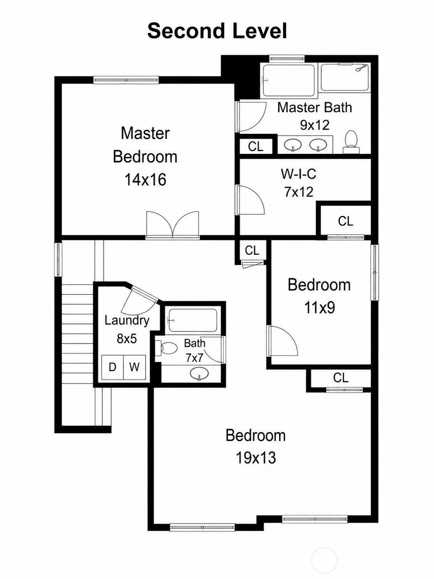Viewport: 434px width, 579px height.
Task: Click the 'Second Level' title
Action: click(x=217, y=31)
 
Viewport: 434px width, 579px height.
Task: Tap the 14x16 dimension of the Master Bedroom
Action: click(x=145, y=180)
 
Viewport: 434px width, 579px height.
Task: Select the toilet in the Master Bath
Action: click(x=351, y=142)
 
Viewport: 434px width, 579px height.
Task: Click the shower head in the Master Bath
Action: click(x=361, y=68)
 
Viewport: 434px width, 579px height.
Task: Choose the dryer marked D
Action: click(x=113, y=367)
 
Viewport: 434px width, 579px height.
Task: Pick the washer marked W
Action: click(x=134, y=367)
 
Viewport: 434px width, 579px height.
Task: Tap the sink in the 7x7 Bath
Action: click(x=199, y=373)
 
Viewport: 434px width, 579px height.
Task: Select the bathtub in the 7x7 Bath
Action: click(x=193, y=320)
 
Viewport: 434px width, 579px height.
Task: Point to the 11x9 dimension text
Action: click(x=319, y=308)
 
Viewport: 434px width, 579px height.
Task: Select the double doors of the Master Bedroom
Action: click(x=173, y=225)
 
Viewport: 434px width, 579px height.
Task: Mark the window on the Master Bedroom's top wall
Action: click(x=126, y=80)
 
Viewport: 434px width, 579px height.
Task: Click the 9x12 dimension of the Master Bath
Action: click(x=315, y=125)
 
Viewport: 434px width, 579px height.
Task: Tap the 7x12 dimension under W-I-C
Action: click(x=299, y=192)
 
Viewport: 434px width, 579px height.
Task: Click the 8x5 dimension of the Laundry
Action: click(x=127, y=339)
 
